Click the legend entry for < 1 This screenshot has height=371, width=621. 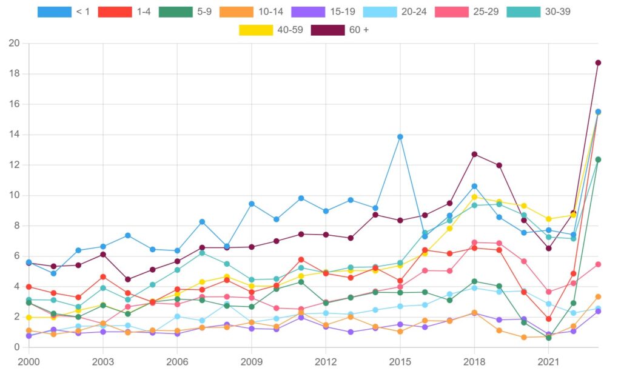[x=64, y=12]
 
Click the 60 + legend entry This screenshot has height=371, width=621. [x=339, y=30]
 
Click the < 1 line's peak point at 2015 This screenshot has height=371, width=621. [x=400, y=137]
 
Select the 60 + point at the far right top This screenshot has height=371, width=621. [x=598, y=62]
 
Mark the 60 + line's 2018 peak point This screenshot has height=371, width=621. [x=474, y=154]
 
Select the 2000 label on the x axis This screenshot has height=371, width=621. [x=29, y=361]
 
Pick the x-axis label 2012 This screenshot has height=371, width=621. [x=326, y=361]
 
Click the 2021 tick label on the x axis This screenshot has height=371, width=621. [x=548, y=361]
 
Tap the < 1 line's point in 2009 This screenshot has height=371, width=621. [x=251, y=204]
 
